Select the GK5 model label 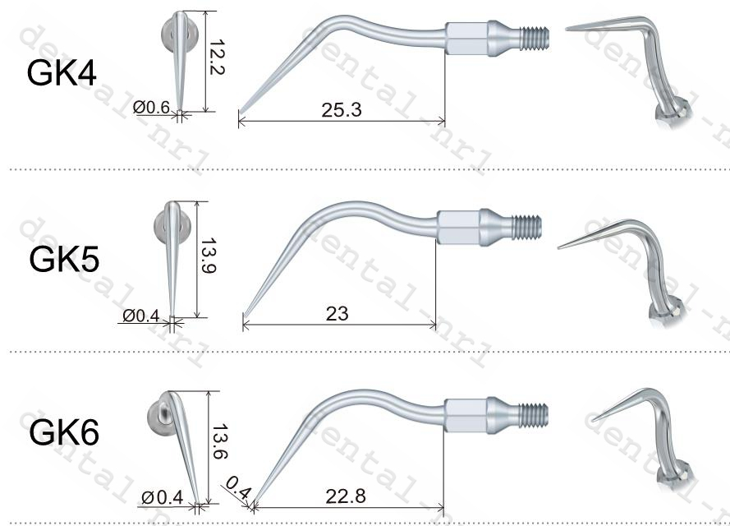[64, 259]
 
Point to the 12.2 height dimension [217, 58]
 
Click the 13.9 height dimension [208, 256]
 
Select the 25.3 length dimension [342, 109]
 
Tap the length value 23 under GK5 [337, 313]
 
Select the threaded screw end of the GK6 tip [535, 408]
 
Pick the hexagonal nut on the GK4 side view [466, 37]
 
